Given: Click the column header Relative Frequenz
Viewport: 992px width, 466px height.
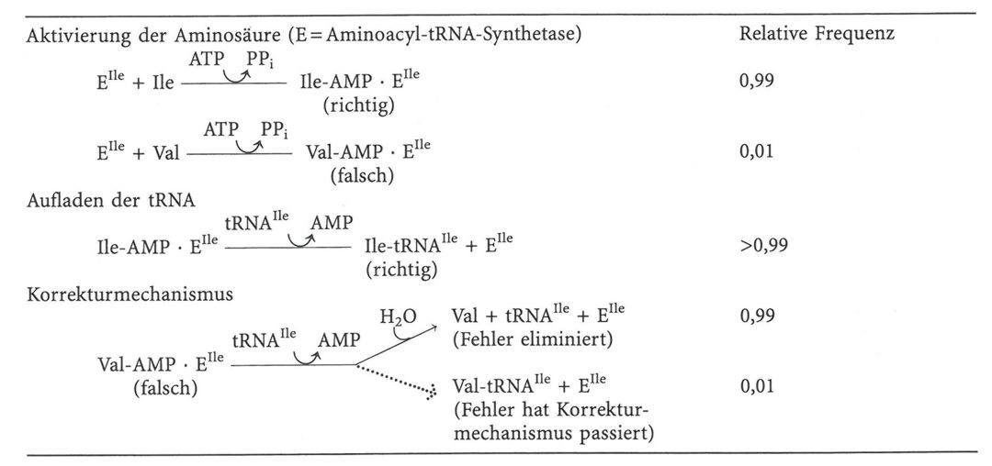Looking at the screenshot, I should (x=817, y=35).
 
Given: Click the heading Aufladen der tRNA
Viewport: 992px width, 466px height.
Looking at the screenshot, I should (x=101, y=202).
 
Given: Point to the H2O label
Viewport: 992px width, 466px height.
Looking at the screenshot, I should (x=398, y=316).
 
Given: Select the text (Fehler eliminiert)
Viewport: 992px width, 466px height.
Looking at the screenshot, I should (x=534, y=339).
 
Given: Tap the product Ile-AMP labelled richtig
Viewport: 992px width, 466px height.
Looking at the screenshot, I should (x=332, y=82).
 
